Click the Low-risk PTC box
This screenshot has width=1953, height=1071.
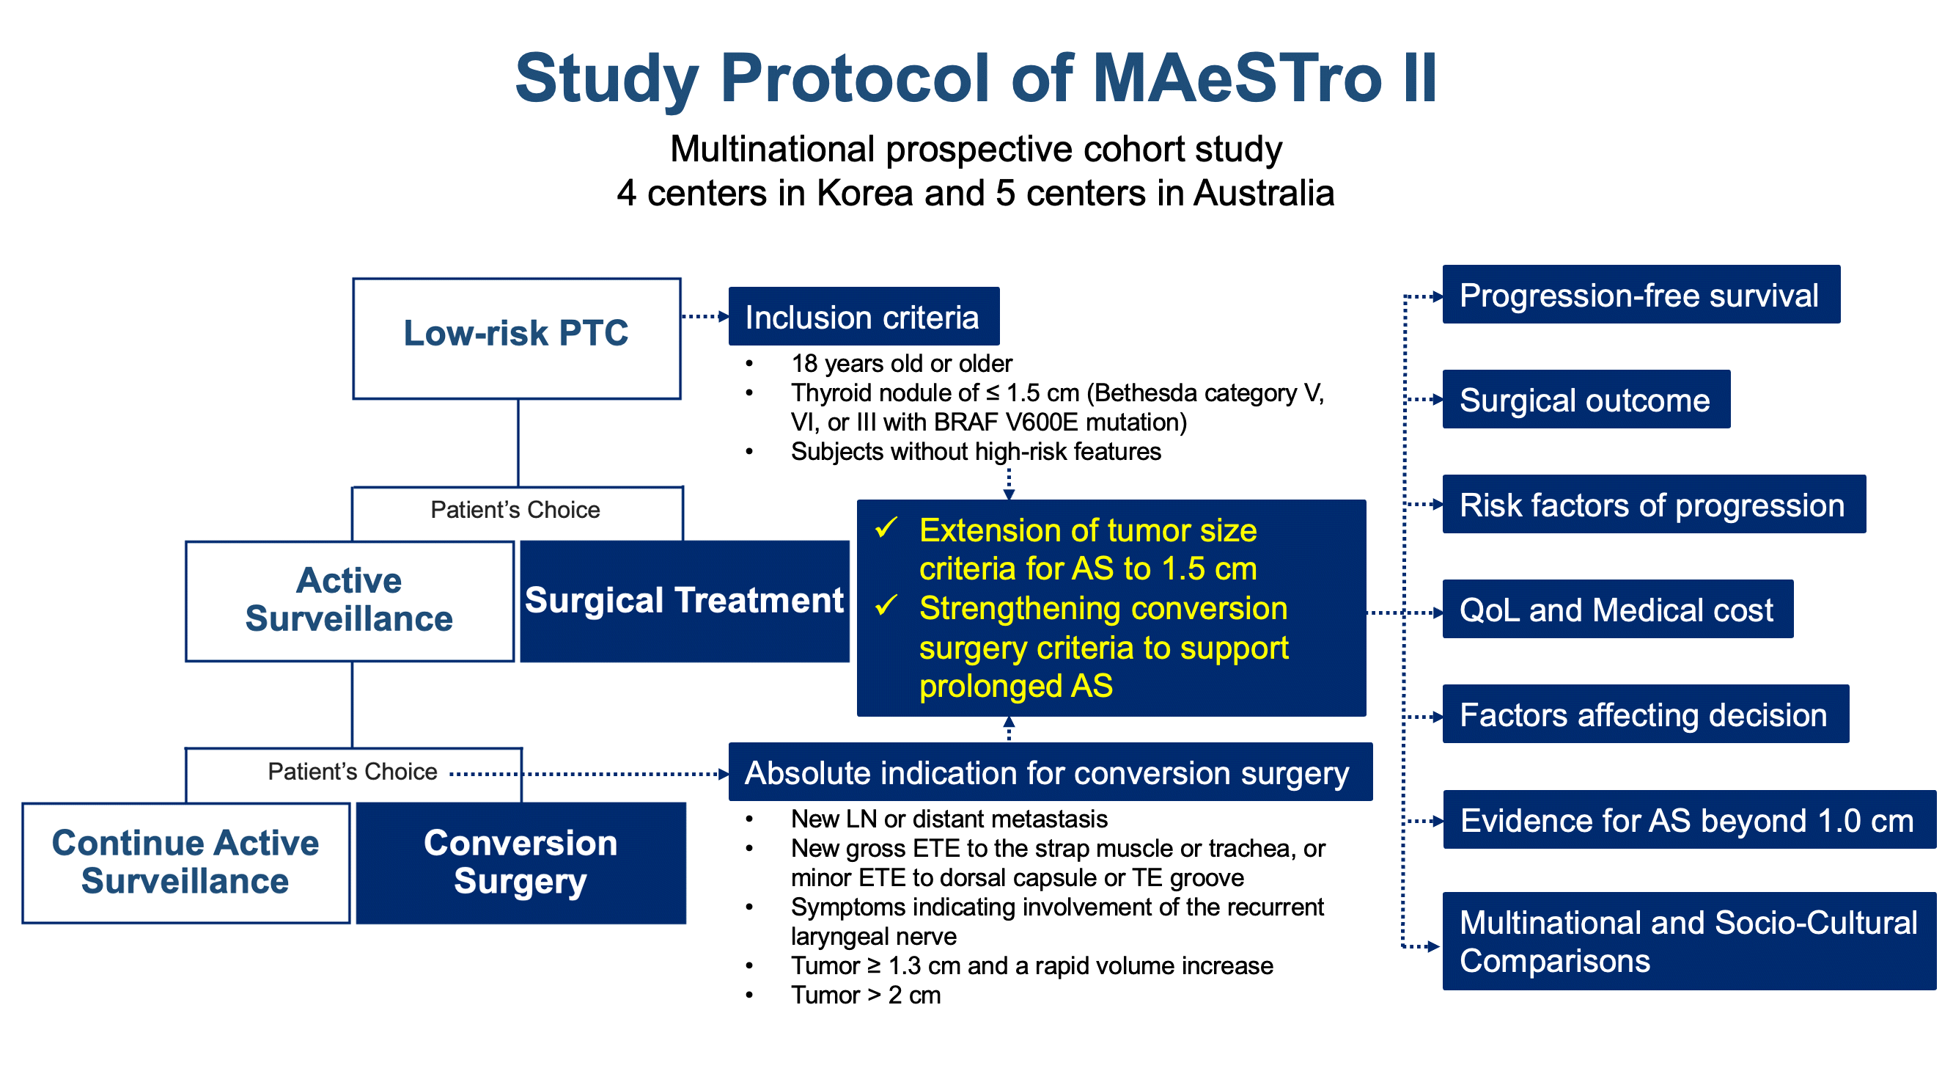point(516,338)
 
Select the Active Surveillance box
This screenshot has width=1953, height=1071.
point(350,601)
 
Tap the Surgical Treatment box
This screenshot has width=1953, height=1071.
point(684,601)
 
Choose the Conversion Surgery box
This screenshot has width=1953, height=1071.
point(521,863)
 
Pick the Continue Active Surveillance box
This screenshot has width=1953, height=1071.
point(185,863)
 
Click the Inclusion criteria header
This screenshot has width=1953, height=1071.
point(863,316)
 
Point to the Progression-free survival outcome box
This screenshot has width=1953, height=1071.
point(1641,294)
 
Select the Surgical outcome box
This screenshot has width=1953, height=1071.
point(1585,399)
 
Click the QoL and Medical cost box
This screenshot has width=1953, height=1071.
point(1617,609)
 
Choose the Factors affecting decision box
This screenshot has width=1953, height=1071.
point(1644,714)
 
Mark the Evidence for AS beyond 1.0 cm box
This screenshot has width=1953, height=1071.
point(1688,819)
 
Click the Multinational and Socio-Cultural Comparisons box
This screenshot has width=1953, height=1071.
point(1688,940)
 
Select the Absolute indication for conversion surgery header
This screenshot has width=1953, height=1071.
point(1049,772)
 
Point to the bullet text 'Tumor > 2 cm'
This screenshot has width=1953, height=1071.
point(865,995)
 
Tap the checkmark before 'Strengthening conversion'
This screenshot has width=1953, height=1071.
point(886,606)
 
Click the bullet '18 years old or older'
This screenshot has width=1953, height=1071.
point(901,363)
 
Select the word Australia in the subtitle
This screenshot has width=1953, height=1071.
point(1263,193)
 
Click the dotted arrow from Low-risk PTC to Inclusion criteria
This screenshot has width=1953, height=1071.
point(705,316)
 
